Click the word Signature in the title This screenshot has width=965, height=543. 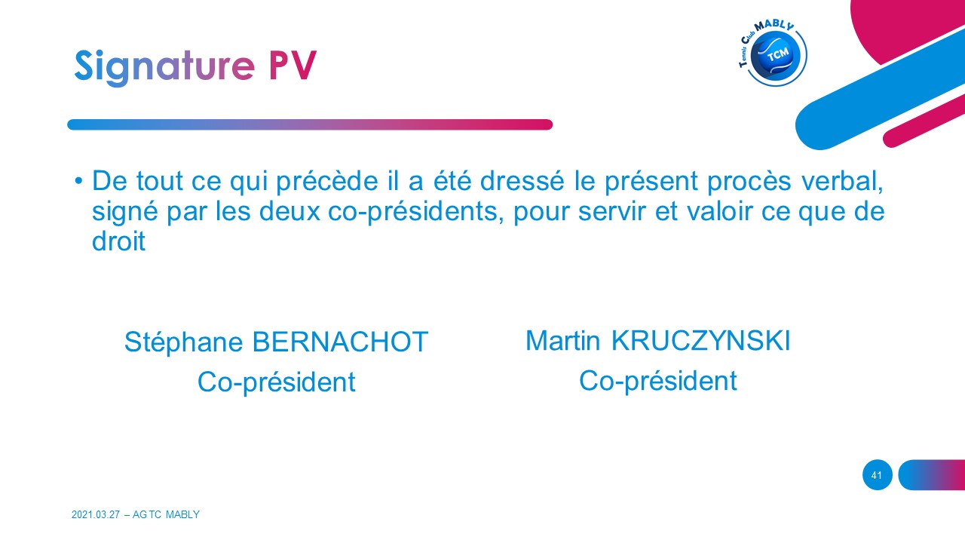pyautogui.click(x=164, y=67)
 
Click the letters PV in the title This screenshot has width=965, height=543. pyautogui.click(x=293, y=65)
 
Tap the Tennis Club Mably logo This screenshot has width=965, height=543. pyautogui.click(x=773, y=53)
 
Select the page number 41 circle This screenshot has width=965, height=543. pyautogui.click(x=877, y=475)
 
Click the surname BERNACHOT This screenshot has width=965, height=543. pyautogui.click(x=340, y=342)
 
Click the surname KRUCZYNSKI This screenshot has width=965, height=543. pyautogui.click(x=700, y=341)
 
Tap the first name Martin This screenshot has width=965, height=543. pyautogui.click(x=562, y=341)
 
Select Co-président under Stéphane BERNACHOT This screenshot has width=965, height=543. pyautogui.click(x=276, y=382)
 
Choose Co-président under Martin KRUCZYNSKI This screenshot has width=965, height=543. pyautogui.click(x=657, y=382)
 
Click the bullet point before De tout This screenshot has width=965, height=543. pyautogui.click(x=78, y=180)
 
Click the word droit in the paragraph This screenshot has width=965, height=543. pyautogui.click(x=118, y=241)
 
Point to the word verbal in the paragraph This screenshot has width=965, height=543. pyautogui.click(x=842, y=181)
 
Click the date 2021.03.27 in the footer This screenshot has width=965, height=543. pyautogui.click(x=96, y=514)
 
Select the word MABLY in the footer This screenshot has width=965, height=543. pyautogui.click(x=182, y=514)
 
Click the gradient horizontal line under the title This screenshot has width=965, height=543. pyautogui.click(x=310, y=124)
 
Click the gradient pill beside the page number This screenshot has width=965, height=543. pyautogui.click(x=931, y=475)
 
